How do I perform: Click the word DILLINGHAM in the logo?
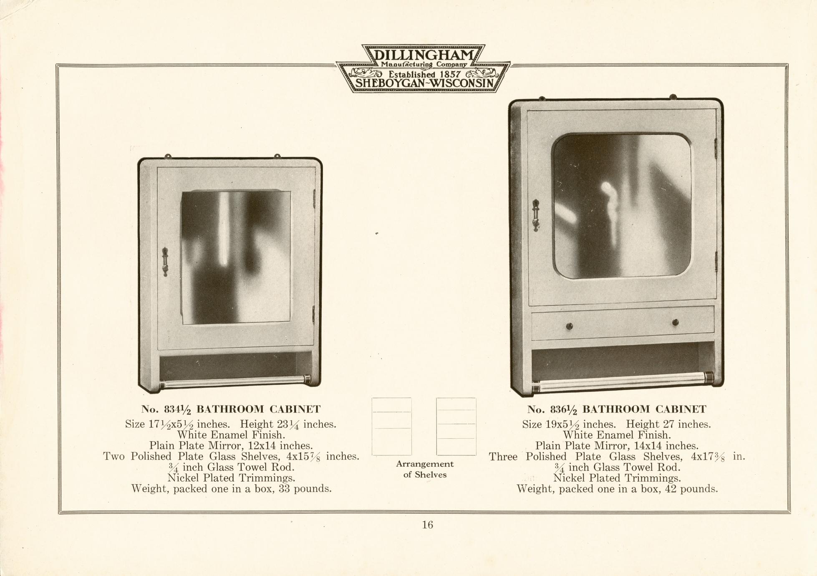pyautogui.click(x=424, y=55)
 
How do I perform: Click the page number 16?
pyautogui.click(x=427, y=525)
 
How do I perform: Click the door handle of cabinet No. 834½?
pyautogui.click(x=165, y=262)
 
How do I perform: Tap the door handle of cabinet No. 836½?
pyautogui.click(x=536, y=215)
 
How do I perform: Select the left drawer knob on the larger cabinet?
pyautogui.click(x=570, y=326)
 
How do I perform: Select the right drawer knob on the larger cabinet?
pyautogui.click(x=676, y=322)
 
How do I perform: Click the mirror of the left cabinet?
pyautogui.click(x=236, y=258)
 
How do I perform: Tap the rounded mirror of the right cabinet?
pyautogui.click(x=621, y=206)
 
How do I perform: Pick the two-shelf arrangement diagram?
pyautogui.click(x=391, y=426)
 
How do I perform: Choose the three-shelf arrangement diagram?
pyautogui.click(x=456, y=426)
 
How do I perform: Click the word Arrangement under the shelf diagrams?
pyautogui.click(x=425, y=464)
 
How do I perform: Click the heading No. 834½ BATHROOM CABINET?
pyautogui.click(x=231, y=409)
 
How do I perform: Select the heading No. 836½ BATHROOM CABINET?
pyautogui.click(x=617, y=409)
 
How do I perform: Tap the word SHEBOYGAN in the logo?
pyautogui.click(x=390, y=84)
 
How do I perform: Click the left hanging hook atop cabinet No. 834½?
pyautogui.click(x=168, y=157)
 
